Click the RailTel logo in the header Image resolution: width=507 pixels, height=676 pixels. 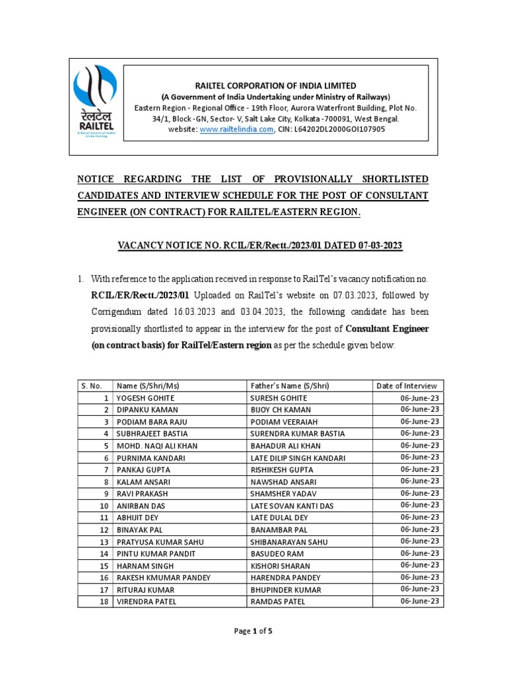pos(97,100)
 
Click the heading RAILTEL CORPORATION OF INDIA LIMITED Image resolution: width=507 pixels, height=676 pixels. pos(275,85)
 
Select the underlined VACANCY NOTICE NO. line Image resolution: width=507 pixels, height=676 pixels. pos(259,245)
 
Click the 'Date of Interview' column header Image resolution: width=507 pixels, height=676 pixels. pos(407,386)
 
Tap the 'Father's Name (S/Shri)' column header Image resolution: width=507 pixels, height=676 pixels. pos(290,386)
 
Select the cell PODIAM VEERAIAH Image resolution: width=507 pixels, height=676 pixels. pos(283,422)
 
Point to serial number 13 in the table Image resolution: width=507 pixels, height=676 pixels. pos(104,541)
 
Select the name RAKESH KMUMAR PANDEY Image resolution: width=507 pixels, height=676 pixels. pos(163,578)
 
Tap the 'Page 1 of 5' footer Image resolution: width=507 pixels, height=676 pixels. pos(253,631)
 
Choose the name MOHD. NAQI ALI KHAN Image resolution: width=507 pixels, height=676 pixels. pos(157,446)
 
